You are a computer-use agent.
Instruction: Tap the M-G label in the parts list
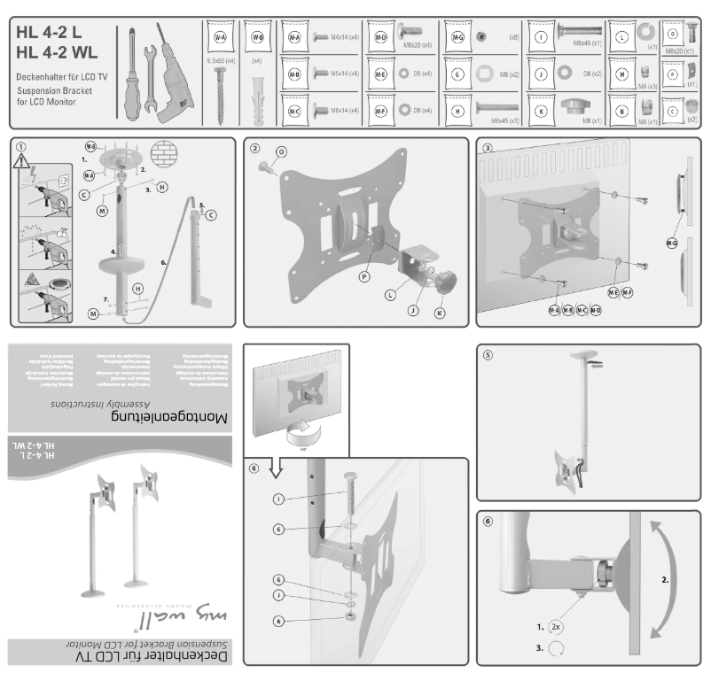pyautogui.click(x=457, y=37)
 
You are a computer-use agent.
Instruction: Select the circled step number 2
pyautogui.click(x=254, y=148)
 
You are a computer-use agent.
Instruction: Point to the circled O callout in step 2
pyautogui.click(x=281, y=151)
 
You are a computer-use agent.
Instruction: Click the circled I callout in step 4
pyautogui.click(x=279, y=500)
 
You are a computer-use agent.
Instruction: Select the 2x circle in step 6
pyautogui.click(x=556, y=625)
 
